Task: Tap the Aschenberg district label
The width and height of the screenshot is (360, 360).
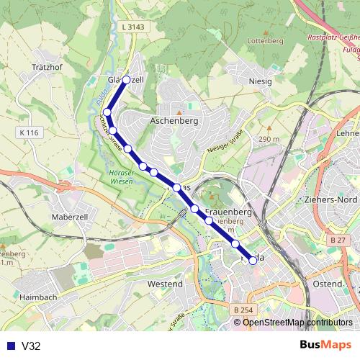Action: point(173,122)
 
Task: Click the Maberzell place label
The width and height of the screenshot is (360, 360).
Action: point(70,216)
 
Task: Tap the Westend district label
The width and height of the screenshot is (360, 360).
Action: point(164,284)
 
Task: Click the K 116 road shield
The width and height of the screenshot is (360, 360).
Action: point(31,133)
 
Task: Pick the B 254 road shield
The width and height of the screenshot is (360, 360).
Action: point(244,310)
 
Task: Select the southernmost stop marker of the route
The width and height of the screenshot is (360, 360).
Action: point(253,261)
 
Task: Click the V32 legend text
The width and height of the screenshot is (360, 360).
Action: point(31,346)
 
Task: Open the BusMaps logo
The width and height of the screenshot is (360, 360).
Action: point(325,345)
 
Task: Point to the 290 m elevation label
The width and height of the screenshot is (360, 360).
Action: point(269,139)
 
